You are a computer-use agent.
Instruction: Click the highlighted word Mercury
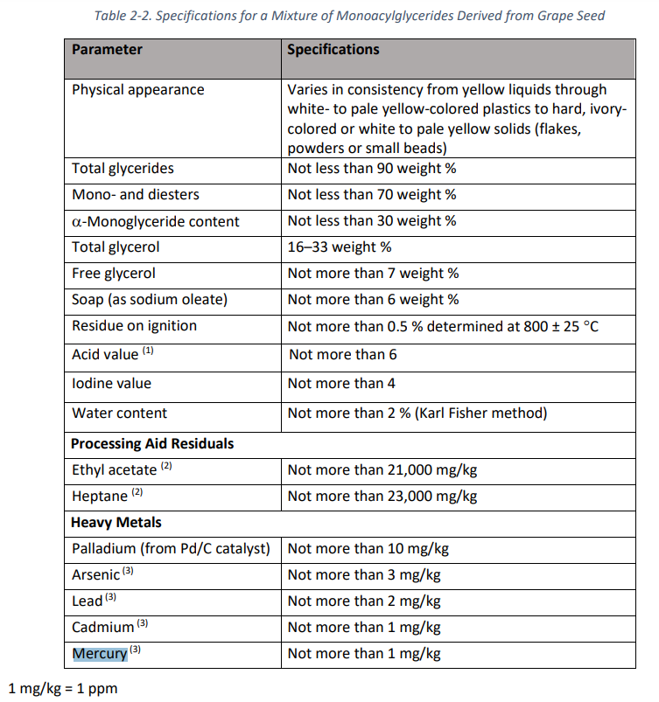[100, 654]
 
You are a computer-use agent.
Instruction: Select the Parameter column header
[107, 50]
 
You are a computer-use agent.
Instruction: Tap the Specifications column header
[333, 50]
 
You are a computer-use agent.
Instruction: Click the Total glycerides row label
[123, 169]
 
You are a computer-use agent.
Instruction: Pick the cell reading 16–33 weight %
[340, 247]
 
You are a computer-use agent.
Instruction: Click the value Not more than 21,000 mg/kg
[382, 470]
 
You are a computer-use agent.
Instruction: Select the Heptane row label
[101, 497]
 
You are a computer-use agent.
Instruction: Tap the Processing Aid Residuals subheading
[152, 444]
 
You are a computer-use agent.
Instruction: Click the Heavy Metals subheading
[116, 523]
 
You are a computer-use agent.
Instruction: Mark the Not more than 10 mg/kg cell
[368, 549]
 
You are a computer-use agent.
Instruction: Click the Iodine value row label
[111, 383]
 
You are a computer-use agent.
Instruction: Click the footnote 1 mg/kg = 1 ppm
[62, 688]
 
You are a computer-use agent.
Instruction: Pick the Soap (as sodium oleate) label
[149, 300]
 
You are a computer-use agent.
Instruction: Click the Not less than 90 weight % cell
[372, 169]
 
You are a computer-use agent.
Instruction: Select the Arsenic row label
[96, 575]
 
